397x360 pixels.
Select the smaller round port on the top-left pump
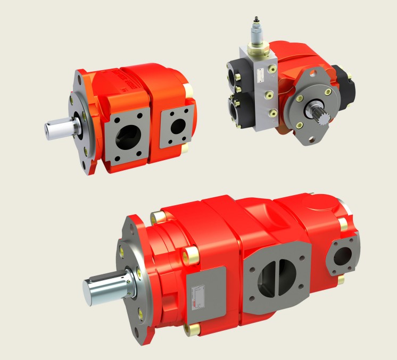point(177,125)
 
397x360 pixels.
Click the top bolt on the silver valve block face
point(271,69)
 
